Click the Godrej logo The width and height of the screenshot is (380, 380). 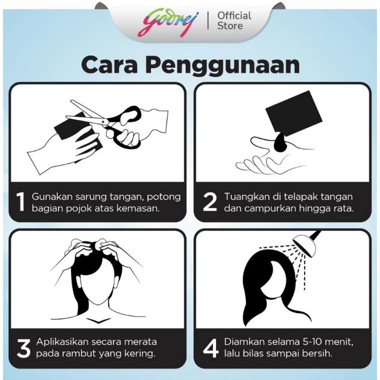point(168,22)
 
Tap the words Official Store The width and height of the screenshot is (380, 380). point(234,21)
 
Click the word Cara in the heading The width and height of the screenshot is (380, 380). point(109,65)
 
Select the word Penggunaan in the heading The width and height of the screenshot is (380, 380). point(223,66)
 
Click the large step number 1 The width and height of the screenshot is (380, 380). point(21,202)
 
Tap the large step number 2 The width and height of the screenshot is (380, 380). point(210,202)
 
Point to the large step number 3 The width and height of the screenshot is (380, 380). point(24,348)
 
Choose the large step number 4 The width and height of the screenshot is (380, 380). point(211,348)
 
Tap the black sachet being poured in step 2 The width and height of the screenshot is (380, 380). point(294,113)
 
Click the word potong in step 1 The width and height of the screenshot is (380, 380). point(164,197)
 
